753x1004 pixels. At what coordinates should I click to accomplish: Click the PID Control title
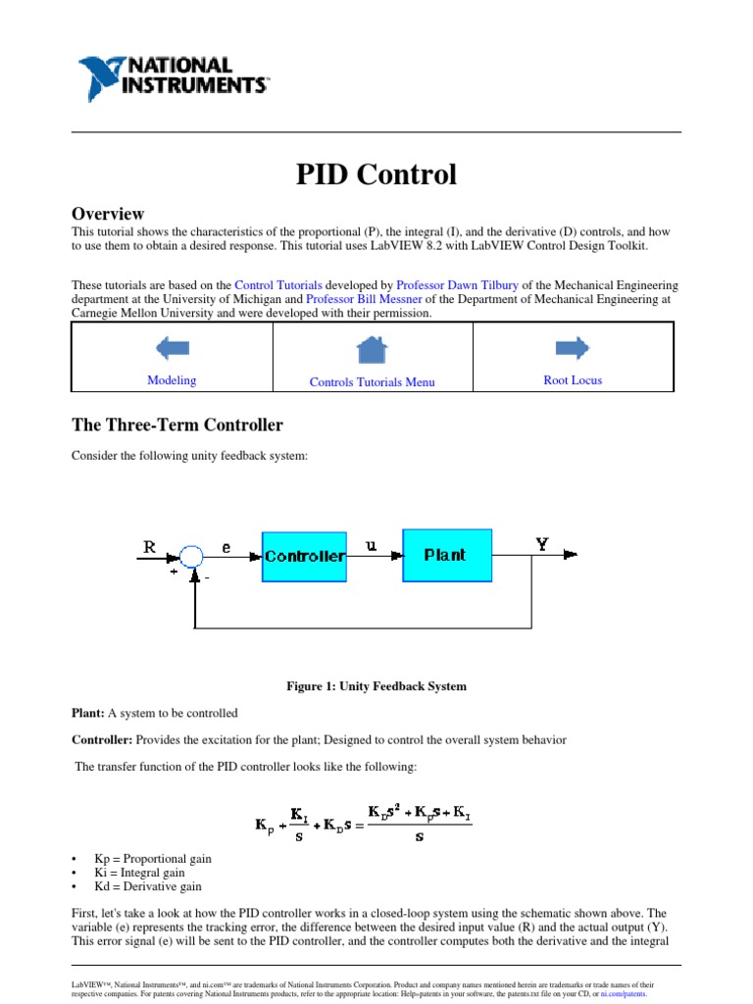click(376, 175)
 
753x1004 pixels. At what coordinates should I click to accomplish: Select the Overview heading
click(108, 213)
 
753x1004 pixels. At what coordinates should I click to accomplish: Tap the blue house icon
click(372, 349)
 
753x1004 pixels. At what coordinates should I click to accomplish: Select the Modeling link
click(172, 380)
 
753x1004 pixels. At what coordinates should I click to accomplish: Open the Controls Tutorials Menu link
click(372, 382)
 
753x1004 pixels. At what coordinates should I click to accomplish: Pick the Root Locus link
click(573, 380)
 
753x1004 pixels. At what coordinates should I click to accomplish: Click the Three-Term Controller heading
click(177, 426)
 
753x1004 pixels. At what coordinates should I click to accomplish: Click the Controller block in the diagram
click(304, 556)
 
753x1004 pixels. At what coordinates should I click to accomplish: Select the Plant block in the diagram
click(446, 555)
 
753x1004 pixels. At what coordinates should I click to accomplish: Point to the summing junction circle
click(191, 557)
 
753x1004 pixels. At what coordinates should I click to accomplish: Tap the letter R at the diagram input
click(149, 547)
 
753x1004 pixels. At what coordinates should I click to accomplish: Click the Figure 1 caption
click(376, 686)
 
